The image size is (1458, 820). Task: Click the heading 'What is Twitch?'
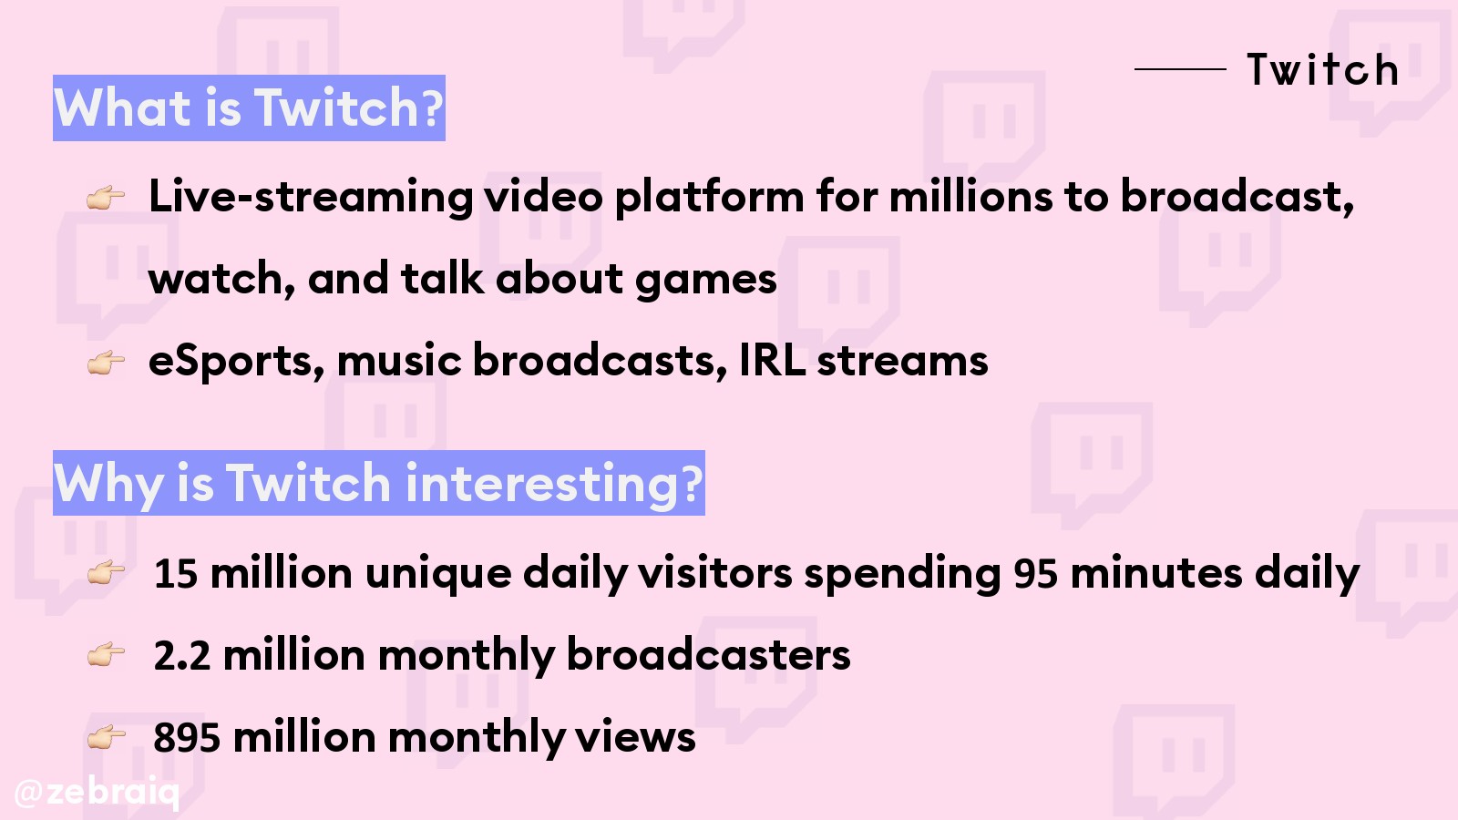pos(249,108)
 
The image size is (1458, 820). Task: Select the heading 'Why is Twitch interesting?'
pos(379,483)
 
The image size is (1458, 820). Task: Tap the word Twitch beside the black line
pos(1322,69)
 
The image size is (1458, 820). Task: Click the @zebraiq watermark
pos(97,792)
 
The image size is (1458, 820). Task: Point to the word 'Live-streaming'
pos(311,198)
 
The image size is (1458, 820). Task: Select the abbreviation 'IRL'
pos(772,359)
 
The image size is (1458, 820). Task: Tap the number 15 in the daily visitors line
pos(176,573)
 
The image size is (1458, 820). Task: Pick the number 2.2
pos(182,655)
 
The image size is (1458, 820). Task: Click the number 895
pos(187,737)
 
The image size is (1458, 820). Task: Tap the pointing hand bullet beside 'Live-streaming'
pos(106,197)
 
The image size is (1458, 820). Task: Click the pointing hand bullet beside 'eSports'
pos(106,362)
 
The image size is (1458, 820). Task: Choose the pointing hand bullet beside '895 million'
pos(106,737)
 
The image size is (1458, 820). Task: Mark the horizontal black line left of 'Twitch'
pos(1180,68)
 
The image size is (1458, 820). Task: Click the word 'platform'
pos(710,198)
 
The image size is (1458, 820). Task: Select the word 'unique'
pos(438,575)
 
